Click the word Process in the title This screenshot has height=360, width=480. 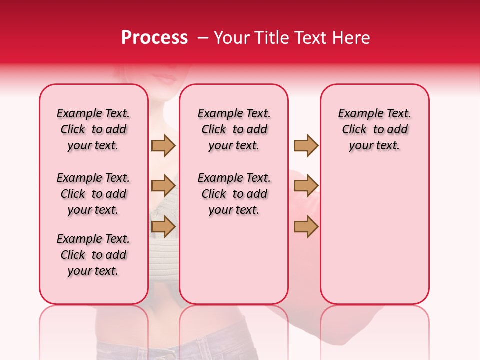point(154,38)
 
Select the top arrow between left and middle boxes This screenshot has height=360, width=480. point(163,145)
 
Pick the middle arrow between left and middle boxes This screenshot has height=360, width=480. point(163,186)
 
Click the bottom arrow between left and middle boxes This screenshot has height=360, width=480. point(163,226)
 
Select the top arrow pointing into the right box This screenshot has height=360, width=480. point(306,145)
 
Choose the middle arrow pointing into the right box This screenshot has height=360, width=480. point(306,186)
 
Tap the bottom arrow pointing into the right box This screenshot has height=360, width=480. point(306,226)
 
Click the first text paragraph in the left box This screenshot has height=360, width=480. point(93,129)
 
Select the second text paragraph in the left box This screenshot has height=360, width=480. point(93,194)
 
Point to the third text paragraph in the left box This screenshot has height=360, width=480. point(93,255)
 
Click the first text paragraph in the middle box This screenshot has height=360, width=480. point(234,129)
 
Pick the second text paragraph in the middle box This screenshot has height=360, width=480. point(234,194)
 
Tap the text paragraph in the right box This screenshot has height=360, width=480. point(375,129)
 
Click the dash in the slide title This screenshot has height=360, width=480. point(203,38)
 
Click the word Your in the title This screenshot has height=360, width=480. point(232,38)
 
